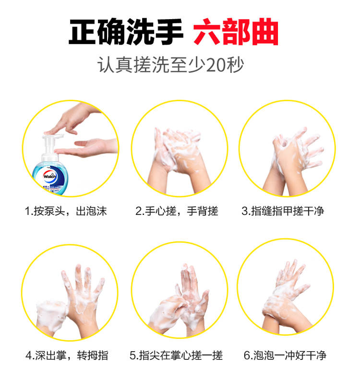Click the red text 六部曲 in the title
(x=235, y=32)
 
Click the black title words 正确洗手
(x=126, y=32)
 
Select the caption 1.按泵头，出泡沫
(x=66, y=211)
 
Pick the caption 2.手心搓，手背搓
(x=177, y=211)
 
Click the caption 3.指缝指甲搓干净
(x=283, y=211)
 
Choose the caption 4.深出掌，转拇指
(x=67, y=356)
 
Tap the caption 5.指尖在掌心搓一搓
(x=176, y=356)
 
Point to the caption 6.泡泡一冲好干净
(x=285, y=356)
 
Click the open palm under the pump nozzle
(x=87, y=147)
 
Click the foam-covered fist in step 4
(x=51, y=315)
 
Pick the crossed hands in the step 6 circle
(x=286, y=298)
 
